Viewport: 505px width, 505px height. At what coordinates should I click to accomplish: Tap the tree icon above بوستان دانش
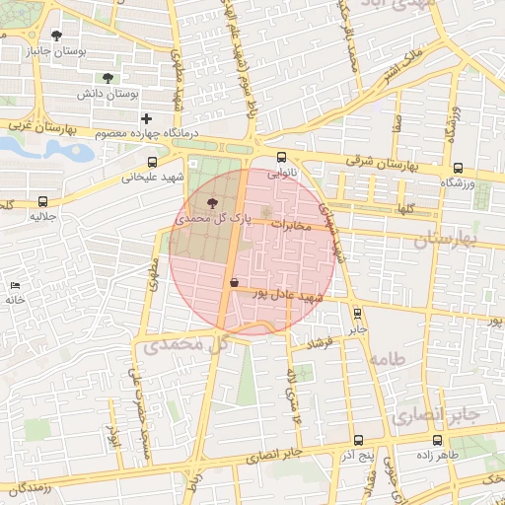108,78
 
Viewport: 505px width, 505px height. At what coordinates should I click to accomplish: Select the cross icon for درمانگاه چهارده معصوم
147,118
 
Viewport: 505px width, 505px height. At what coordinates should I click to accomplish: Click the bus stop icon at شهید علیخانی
152,163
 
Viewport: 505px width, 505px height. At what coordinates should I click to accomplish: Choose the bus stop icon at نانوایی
282,156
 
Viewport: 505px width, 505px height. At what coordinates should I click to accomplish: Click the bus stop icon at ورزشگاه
458,169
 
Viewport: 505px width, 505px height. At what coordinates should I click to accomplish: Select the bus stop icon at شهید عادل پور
234,282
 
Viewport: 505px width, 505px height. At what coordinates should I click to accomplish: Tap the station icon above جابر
357,313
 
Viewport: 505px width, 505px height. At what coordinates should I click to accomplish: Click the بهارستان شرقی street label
384,161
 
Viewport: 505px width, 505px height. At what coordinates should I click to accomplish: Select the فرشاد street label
322,342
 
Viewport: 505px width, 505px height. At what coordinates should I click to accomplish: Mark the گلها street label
403,209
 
